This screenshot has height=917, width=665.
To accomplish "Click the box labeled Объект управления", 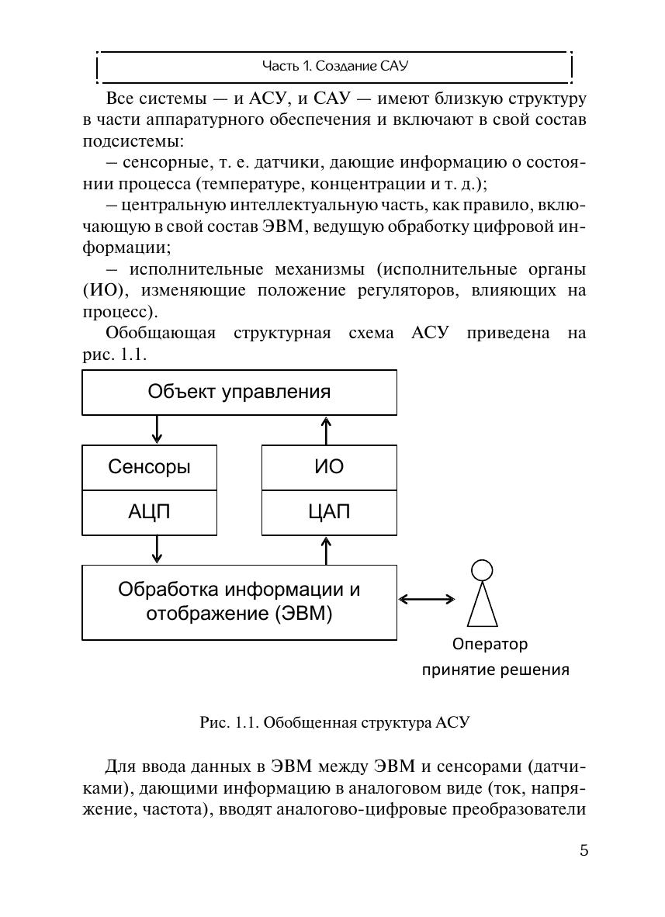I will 239,392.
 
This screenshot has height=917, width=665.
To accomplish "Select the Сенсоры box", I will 150,467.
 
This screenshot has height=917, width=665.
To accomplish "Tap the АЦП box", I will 150,512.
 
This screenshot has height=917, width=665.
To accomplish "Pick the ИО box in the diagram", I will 328,467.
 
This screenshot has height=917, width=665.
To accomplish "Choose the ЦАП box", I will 328,512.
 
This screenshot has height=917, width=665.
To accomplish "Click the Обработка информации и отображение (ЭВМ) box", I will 239,601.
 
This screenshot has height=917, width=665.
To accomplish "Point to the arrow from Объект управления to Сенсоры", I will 158,429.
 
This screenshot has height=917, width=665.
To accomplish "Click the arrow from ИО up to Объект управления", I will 327,429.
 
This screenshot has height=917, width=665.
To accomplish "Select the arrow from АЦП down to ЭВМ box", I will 158,549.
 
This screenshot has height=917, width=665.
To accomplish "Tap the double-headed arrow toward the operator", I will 427,598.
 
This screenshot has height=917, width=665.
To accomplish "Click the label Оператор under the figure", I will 490,644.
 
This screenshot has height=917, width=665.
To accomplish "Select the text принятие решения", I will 495,670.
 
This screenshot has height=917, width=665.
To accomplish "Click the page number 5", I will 584,850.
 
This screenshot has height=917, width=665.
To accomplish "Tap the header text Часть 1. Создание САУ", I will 334,67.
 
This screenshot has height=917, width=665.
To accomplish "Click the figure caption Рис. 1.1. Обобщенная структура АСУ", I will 334,723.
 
